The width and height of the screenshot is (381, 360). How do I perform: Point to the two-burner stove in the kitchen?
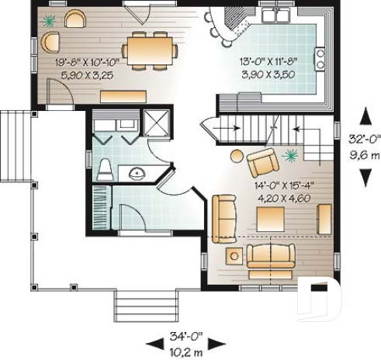[x=320, y=58]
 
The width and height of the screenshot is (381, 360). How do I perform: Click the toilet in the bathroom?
[x=104, y=169]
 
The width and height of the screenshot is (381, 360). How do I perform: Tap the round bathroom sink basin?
[x=137, y=172]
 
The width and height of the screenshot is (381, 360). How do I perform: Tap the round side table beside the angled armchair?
[x=237, y=156]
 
